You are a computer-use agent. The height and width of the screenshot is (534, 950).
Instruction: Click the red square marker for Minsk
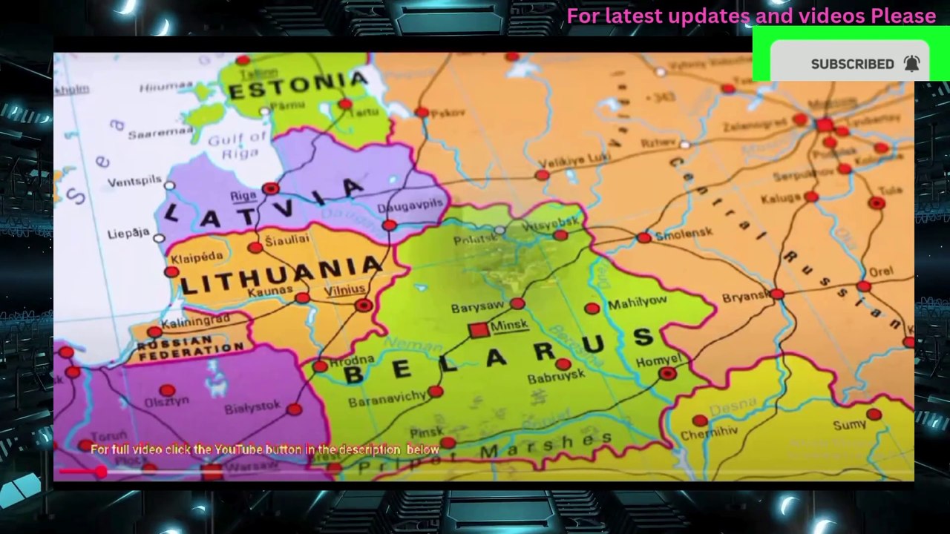pyautogui.click(x=479, y=330)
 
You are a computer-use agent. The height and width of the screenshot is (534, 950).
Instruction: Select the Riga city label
pyautogui.click(x=243, y=196)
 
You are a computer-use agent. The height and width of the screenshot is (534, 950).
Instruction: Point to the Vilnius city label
pyautogui.click(x=345, y=290)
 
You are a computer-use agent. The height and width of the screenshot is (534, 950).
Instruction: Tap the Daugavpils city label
pyautogui.click(x=410, y=208)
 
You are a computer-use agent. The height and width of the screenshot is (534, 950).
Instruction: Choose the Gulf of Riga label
pyautogui.click(x=237, y=145)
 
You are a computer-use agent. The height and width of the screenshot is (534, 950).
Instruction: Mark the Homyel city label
pyautogui.click(x=658, y=361)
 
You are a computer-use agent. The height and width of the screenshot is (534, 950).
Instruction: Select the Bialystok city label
pyautogui.click(x=252, y=406)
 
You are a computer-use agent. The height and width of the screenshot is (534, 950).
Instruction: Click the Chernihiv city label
pyautogui.click(x=709, y=431)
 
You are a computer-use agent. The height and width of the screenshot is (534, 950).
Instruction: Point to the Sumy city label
pyautogui.click(x=849, y=425)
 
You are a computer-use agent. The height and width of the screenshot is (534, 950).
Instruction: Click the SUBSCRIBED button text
pyautogui.click(x=852, y=65)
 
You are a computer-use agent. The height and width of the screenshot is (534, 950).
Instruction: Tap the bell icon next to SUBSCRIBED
pyautogui.click(x=912, y=64)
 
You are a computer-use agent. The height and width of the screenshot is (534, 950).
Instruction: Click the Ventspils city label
pyautogui.click(x=134, y=182)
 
